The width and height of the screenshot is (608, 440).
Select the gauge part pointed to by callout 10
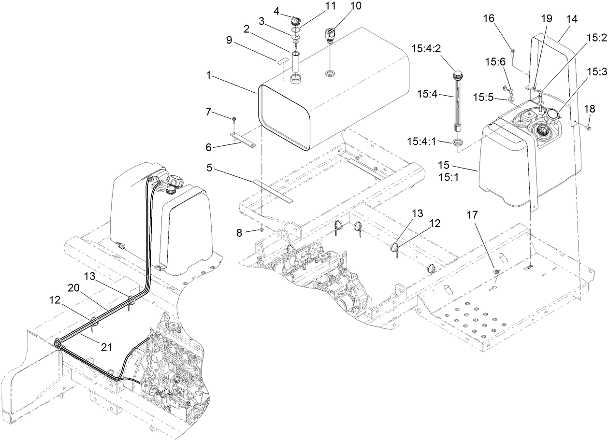pyautogui.click(x=329, y=35)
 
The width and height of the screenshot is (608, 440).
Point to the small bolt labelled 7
pyautogui.click(x=234, y=118)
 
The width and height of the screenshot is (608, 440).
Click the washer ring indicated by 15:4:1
pyautogui.click(x=457, y=142)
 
